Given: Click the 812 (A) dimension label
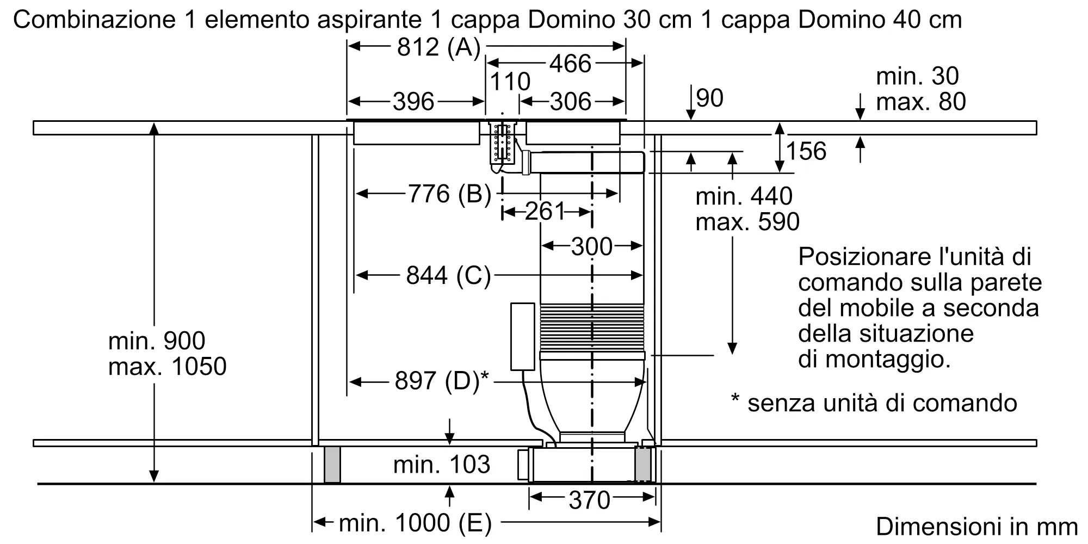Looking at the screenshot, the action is [439, 47].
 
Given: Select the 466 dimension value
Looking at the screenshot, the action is [570, 64].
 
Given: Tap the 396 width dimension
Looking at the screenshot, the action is [413, 102].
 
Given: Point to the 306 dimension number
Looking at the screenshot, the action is [570, 102].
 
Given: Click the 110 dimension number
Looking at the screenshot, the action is [510, 82].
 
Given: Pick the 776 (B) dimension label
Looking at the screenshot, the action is [449, 194].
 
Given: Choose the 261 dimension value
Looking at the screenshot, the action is [546, 211].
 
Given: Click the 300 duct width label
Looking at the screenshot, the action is [592, 246].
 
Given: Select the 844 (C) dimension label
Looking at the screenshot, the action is [448, 275].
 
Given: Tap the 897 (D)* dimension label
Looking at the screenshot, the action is [442, 381].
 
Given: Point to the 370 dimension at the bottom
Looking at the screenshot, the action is [590, 500].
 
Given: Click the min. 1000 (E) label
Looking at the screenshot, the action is [415, 523].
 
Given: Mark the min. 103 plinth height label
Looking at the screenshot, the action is [442, 465].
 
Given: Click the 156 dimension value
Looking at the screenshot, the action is [806, 151].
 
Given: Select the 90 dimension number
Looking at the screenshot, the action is [709, 98].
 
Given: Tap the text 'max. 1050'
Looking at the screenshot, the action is [167, 367].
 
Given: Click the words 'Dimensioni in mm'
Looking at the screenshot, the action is [977, 527].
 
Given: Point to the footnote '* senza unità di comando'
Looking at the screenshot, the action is [874, 403].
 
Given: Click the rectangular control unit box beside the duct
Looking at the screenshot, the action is [522, 336].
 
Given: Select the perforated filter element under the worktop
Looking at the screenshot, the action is [502, 144].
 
